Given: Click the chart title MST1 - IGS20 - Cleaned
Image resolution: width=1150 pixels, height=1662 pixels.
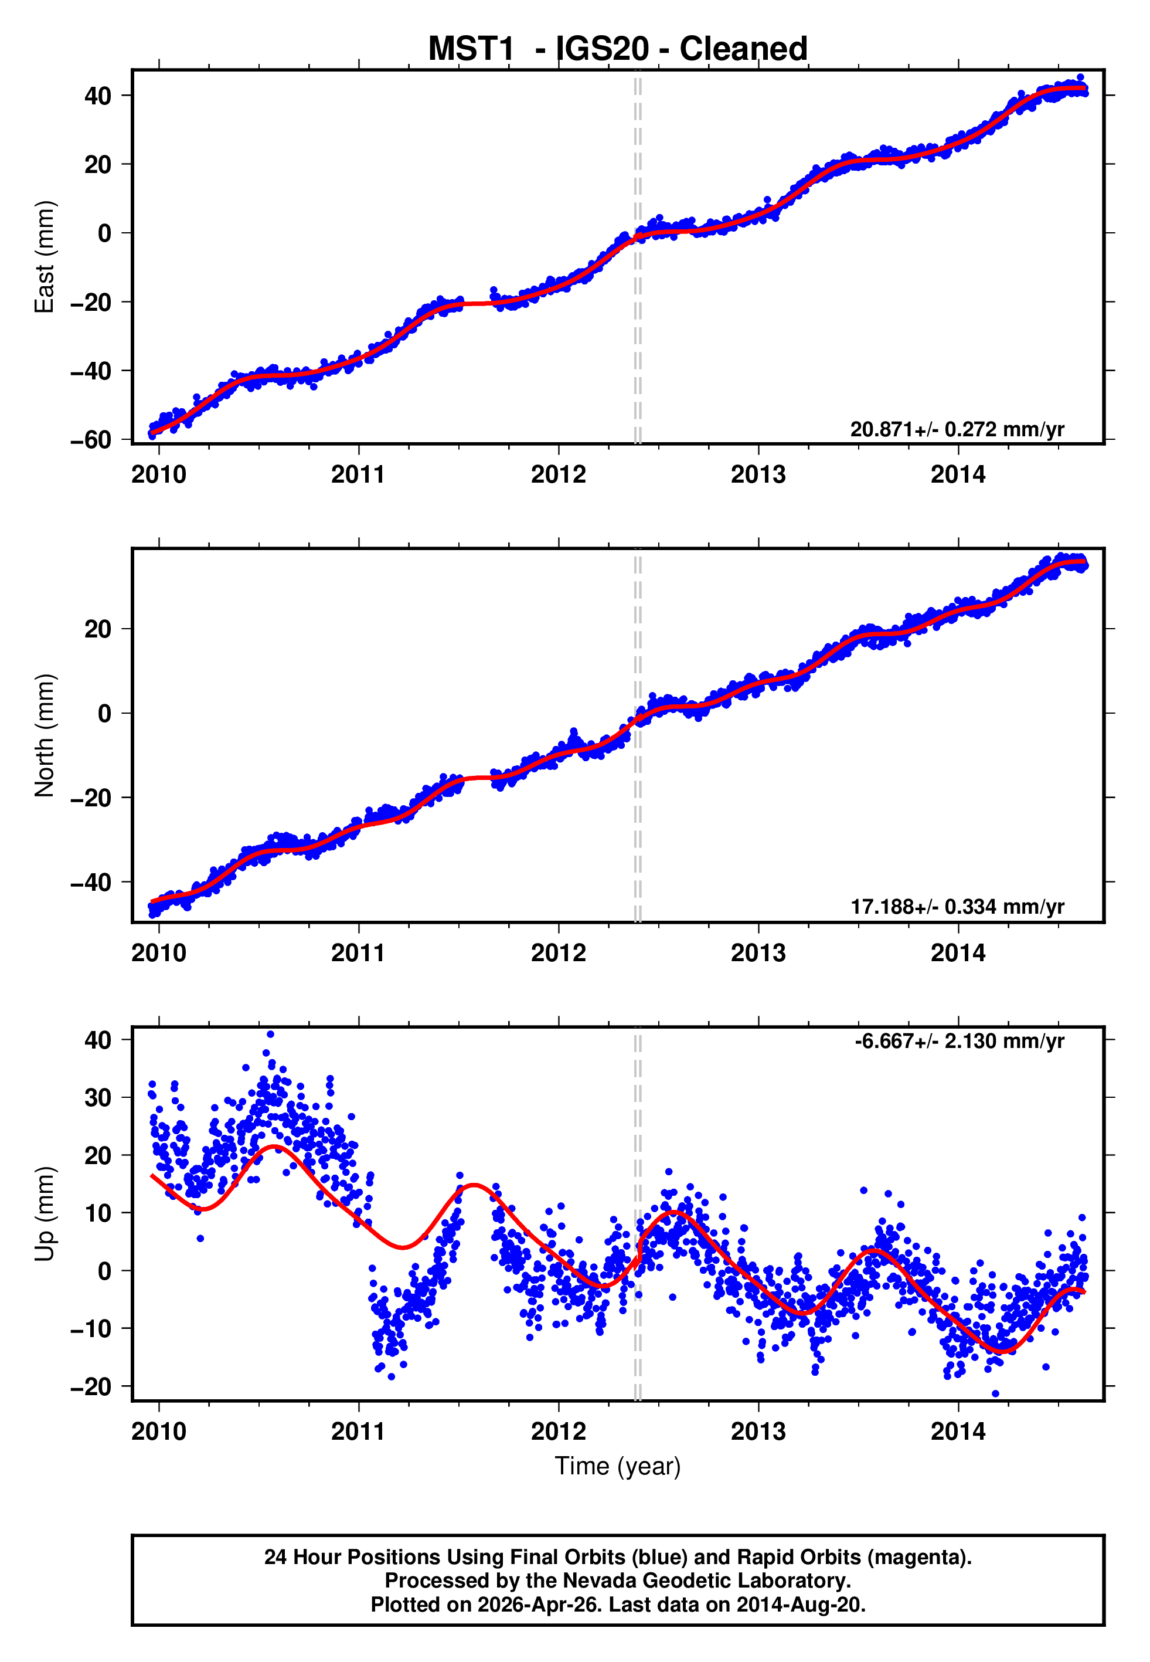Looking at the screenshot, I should click(618, 49).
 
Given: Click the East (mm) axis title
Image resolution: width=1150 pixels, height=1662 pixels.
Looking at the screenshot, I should click(45, 257).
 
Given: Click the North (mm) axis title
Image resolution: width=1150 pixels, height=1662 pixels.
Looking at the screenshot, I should click(45, 735).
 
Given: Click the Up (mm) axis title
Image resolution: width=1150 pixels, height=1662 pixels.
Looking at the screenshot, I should click(45, 1214).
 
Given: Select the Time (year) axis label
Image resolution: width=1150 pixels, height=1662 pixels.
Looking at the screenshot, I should click(618, 1467).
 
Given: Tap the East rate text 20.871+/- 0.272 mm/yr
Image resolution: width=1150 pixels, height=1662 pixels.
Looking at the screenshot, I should click(957, 429).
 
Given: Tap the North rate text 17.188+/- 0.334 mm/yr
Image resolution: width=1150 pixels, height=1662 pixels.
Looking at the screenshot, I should click(957, 907).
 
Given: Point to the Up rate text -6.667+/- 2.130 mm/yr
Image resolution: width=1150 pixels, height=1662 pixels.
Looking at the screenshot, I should click(959, 1042).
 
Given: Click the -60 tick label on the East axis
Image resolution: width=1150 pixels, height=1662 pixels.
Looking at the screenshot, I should click(91, 440).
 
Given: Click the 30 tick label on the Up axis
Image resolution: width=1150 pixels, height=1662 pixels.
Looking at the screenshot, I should click(98, 1098).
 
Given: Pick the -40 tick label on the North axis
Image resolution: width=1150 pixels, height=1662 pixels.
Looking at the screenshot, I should click(91, 882).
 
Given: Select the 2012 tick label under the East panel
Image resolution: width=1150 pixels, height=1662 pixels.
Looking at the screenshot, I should click(559, 475).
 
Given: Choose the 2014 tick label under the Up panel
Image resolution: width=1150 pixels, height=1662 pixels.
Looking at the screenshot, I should click(958, 1432).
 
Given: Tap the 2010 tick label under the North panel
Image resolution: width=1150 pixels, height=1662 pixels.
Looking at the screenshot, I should click(158, 953).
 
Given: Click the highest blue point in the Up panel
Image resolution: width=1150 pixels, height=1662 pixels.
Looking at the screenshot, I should click(270, 1034).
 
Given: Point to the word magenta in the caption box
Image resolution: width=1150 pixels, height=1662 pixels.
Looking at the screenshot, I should click(918, 1558).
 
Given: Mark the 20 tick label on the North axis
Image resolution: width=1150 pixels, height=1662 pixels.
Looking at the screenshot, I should click(98, 629).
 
